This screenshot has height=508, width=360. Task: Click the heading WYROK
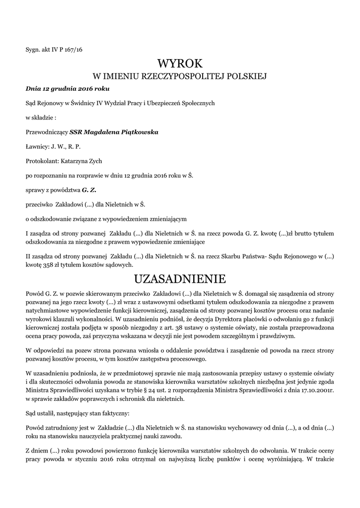180,63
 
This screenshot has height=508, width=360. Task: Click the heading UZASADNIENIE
180,277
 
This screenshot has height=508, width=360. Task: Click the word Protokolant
41,161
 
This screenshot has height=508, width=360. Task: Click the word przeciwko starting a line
39,204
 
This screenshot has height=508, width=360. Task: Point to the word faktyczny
114,412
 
